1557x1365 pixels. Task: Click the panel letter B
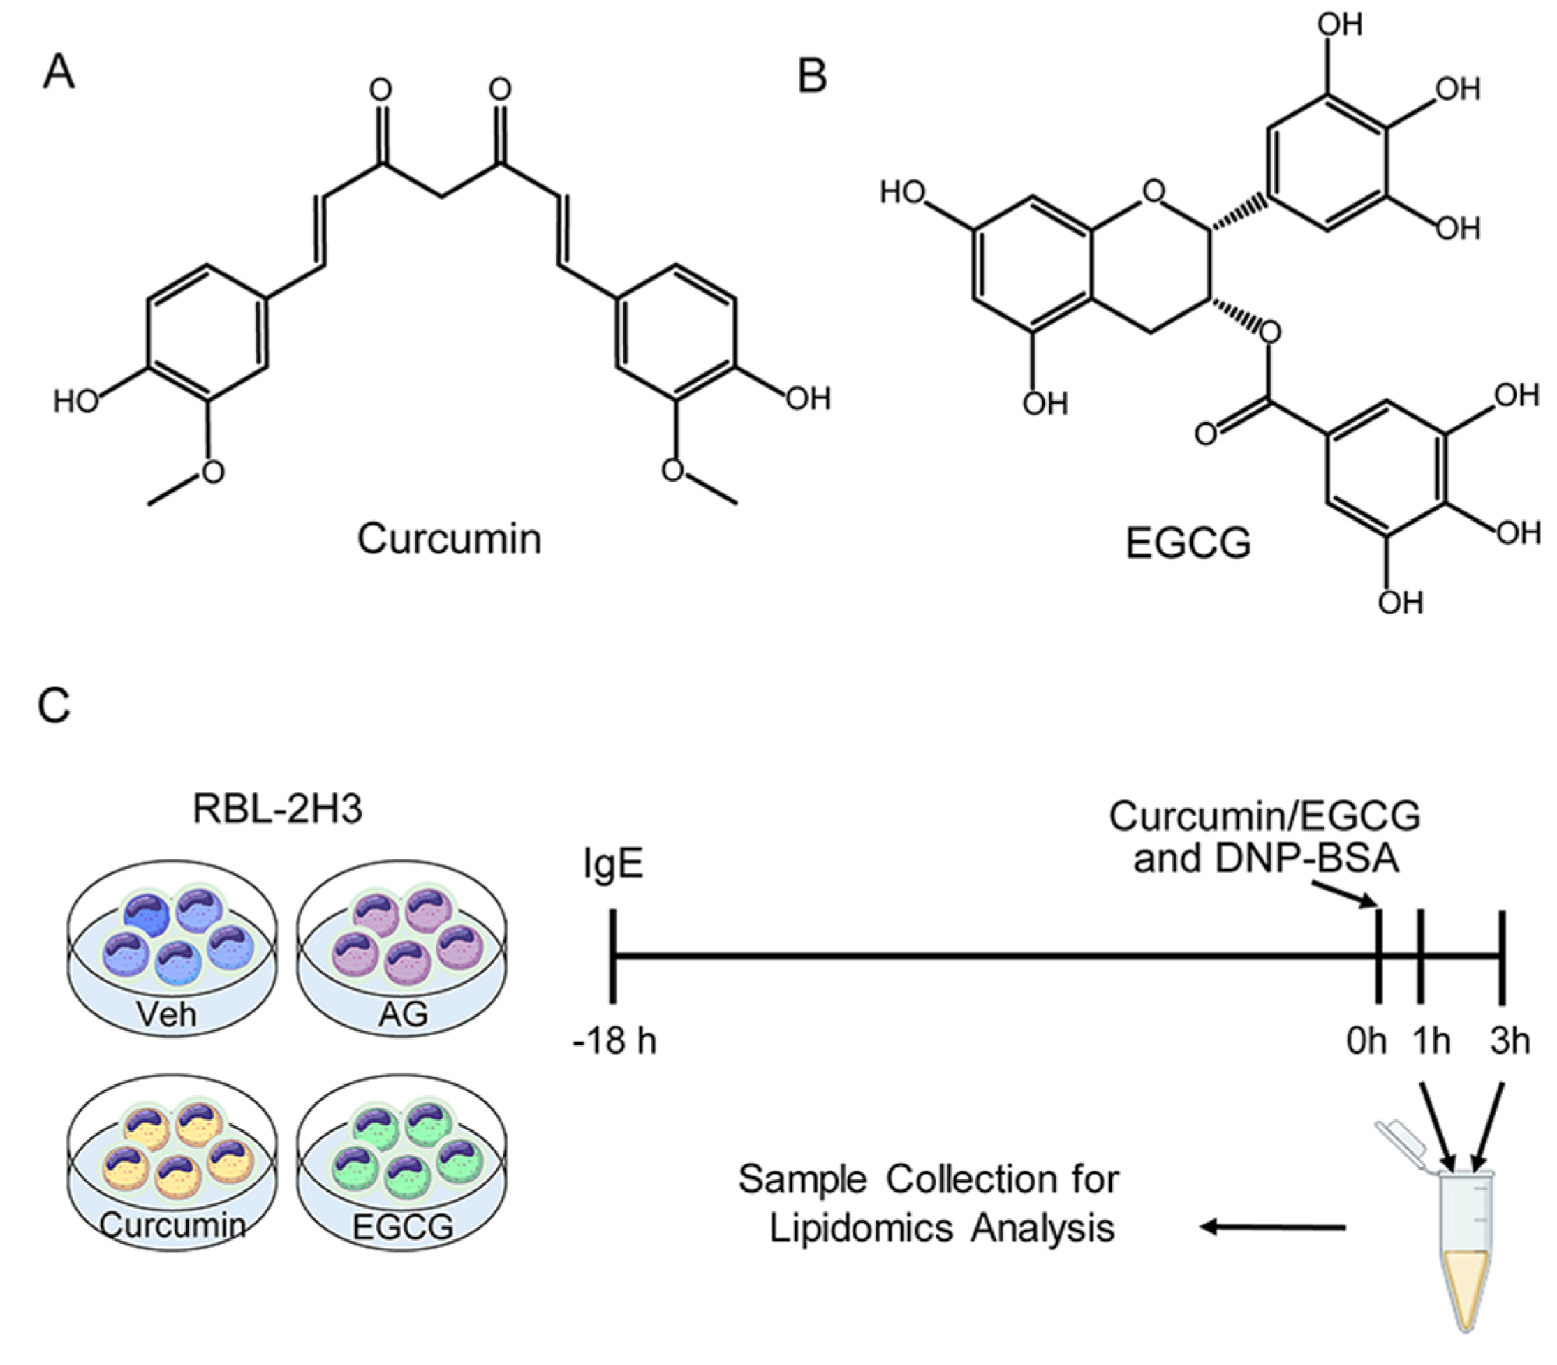[x=812, y=77]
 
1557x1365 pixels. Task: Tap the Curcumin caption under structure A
[x=450, y=538]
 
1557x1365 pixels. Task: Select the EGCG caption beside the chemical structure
[x=1188, y=544]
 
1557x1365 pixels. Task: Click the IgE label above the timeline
[x=614, y=865]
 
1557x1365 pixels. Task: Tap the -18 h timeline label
[x=614, y=1040]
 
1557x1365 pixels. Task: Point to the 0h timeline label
[x=1366, y=1040]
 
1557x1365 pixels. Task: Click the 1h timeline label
[x=1431, y=1040]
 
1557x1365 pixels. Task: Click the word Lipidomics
[x=861, y=1229]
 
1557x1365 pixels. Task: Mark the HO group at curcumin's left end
[x=76, y=401]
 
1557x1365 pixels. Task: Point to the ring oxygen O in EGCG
[x=1154, y=191]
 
